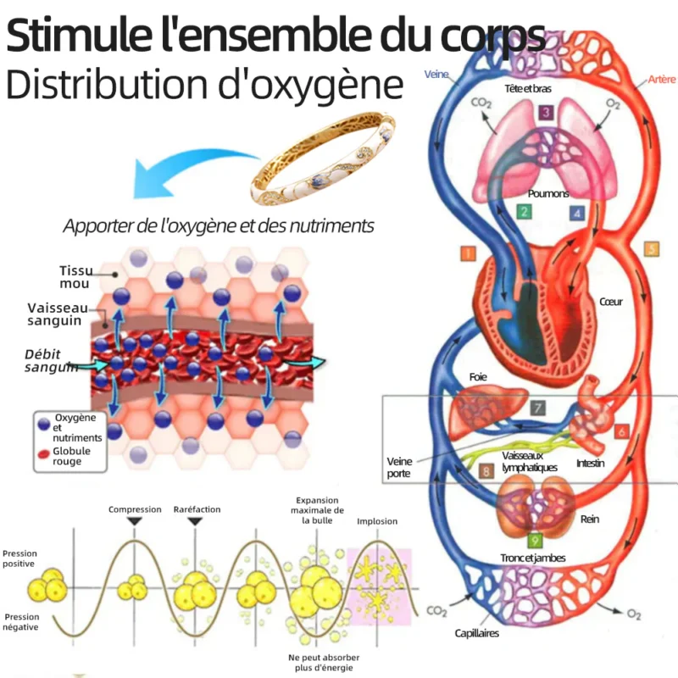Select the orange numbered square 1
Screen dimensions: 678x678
[x=469, y=253]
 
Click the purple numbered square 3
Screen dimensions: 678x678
[x=546, y=113]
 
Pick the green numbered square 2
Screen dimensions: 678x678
[x=524, y=212]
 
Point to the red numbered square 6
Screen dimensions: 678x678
[x=621, y=431]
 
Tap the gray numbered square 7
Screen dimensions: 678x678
[x=537, y=408]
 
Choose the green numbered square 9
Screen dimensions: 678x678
[x=535, y=541]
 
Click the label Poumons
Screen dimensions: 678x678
[x=547, y=193]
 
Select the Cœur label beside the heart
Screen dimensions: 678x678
[x=610, y=302]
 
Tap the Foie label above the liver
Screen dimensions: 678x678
[x=478, y=377]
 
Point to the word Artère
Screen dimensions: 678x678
[x=662, y=79]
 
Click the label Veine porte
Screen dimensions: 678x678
[x=399, y=468]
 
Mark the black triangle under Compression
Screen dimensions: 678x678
[x=135, y=521]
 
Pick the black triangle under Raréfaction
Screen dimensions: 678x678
[x=195, y=521]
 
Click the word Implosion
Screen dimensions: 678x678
[x=377, y=521]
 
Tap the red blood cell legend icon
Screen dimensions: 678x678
[x=44, y=454]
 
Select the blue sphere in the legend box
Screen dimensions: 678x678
[x=44, y=425]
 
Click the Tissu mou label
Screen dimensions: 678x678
[x=75, y=277]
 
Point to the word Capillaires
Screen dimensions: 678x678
[x=476, y=633]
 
